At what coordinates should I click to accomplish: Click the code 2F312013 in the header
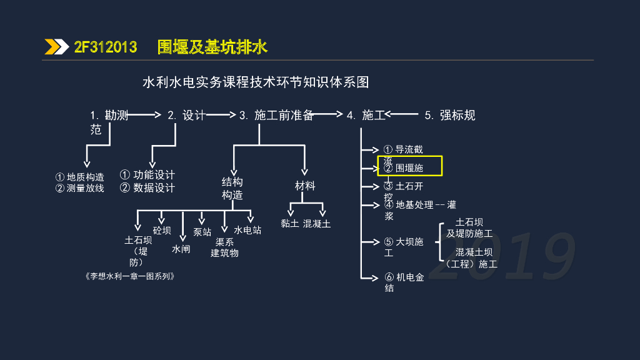tap(106, 47)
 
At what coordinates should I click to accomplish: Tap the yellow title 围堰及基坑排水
tap(212, 47)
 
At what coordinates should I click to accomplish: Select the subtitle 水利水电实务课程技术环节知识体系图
tap(256, 82)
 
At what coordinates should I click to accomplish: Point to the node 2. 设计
tap(186, 115)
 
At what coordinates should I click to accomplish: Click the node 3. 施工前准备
tap(276, 115)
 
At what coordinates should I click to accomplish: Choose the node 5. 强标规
tap(450, 115)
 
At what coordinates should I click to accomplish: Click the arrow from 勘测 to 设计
tap(144, 114)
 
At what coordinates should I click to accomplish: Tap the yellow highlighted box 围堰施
tap(410, 166)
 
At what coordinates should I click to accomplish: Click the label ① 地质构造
tap(80, 177)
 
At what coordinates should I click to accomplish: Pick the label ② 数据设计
tap(147, 187)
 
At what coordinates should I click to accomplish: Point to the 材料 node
tap(305, 186)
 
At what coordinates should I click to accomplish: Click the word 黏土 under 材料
tap(289, 223)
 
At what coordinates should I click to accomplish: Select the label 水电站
tap(247, 230)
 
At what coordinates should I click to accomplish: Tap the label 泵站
tap(202, 232)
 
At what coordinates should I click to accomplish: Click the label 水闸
tap(181, 249)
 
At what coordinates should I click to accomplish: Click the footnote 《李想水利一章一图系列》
tap(128, 276)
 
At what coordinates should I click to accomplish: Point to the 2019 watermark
tap(503, 257)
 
